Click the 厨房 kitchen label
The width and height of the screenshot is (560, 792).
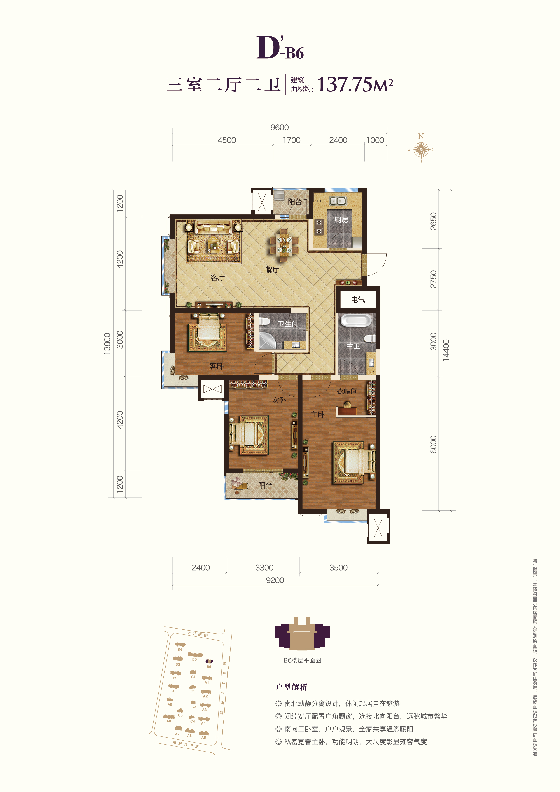click(x=341, y=219)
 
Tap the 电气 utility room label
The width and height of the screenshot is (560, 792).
click(x=358, y=299)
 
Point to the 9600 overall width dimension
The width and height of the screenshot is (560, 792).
click(x=280, y=127)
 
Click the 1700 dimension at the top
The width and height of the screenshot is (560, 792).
click(x=292, y=140)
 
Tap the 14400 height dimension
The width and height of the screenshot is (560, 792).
click(x=446, y=350)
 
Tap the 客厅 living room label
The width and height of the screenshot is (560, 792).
click(x=217, y=277)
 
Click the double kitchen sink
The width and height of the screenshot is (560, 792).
click(x=337, y=201)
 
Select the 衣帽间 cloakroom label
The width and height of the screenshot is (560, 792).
click(x=347, y=391)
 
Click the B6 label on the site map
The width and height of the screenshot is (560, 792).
click(x=209, y=667)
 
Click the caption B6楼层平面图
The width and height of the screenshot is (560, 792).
click(x=302, y=660)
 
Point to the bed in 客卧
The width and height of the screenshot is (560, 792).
click(x=207, y=333)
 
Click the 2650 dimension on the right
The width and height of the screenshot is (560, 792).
click(x=433, y=221)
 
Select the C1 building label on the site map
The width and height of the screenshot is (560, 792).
click(x=193, y=677)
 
